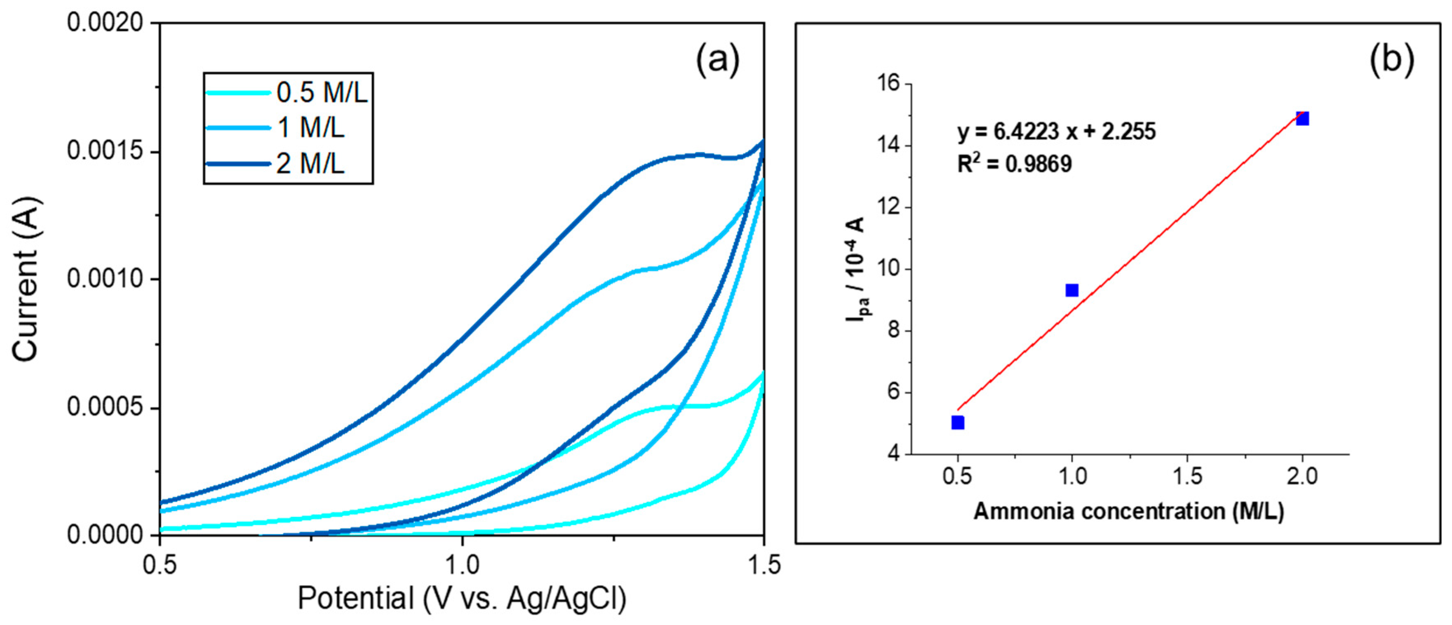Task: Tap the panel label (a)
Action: pos(717,60)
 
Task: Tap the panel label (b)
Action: pos(1391,60)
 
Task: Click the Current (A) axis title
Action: pos(26,279)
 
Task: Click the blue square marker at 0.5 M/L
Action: pos(958,423)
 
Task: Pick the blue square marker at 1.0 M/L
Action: pos(1072,290)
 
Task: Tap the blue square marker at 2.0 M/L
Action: pos(1302,118)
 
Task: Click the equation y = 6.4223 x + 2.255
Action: pos(1056,132)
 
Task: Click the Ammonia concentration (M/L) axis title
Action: pos(1128,511)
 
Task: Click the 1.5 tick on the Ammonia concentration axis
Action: pos(1187,477)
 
